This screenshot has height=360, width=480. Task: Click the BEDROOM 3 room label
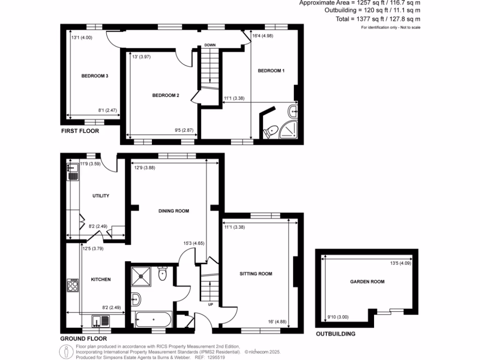[95, 76]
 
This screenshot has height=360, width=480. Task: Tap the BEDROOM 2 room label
[165, 96]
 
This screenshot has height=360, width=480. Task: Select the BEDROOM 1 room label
[271, 71]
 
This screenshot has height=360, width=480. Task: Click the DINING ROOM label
[173, 211]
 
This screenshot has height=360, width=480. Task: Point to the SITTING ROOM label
[256, 274]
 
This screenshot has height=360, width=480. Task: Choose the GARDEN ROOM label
[367, 282]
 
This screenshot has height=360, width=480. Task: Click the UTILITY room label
[100, 196]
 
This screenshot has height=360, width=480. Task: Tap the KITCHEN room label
[100, 279]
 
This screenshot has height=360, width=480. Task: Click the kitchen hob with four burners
[74, 285]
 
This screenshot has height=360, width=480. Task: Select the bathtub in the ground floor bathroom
[153, 321]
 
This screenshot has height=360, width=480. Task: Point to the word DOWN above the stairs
[209, 45]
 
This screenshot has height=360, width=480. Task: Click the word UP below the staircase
[210, 304]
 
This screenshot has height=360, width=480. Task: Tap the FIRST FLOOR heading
[80, 131]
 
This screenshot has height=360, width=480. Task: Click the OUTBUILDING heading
[335, 334]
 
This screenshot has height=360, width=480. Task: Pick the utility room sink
[73, 171]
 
